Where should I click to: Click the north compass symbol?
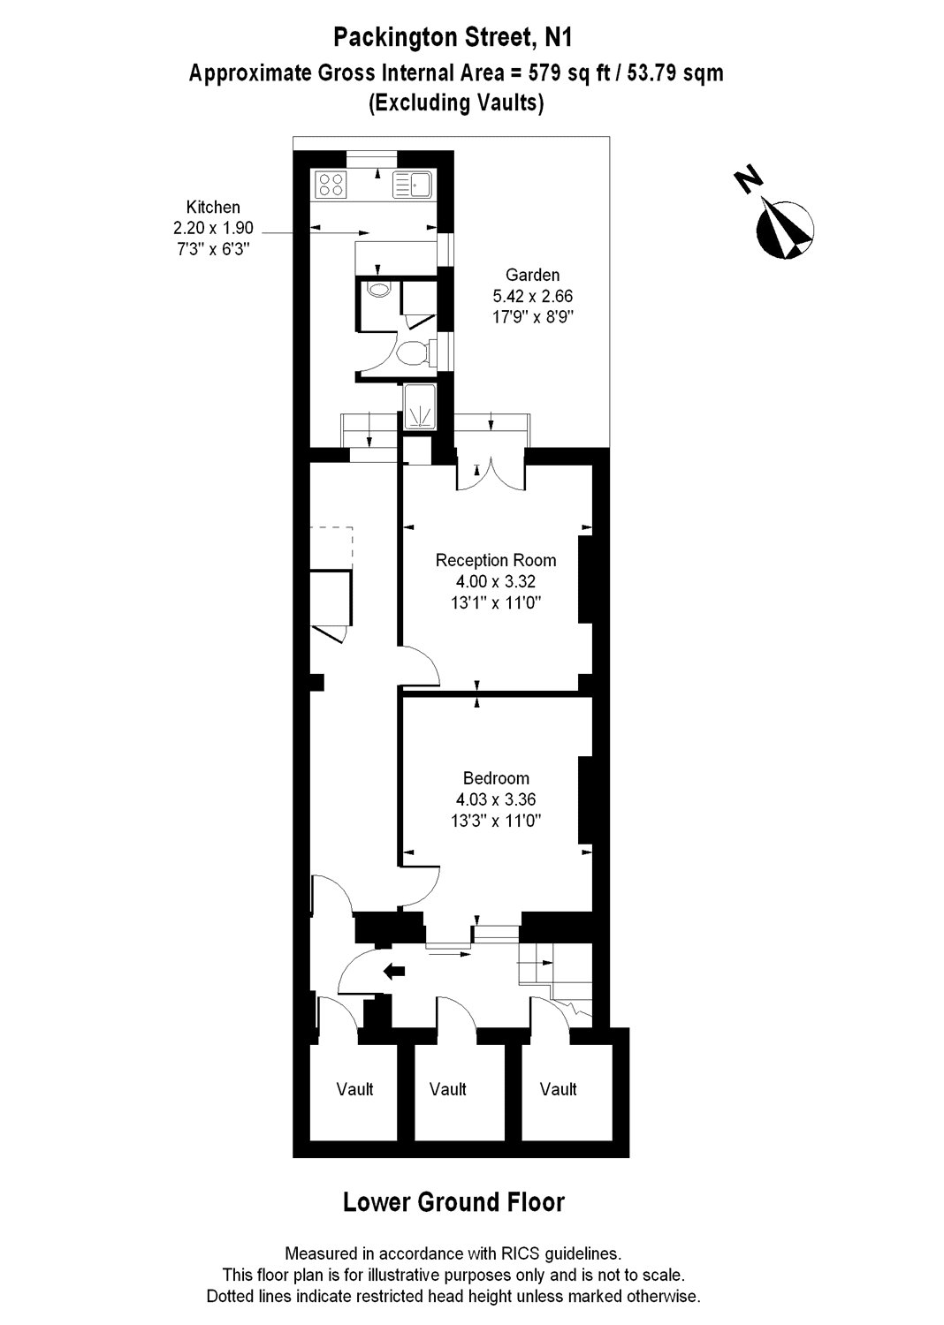click(784, 228)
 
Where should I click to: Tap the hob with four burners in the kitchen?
click(331, 184)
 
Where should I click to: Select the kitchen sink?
click(412, 184)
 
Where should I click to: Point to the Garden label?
click(532, 275)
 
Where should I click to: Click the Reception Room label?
click(496, 560)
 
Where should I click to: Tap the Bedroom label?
click(496, 778)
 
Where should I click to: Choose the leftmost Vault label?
click(354, 1089)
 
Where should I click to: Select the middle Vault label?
click(448, 1089)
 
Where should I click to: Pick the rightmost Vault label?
click(559, 1089)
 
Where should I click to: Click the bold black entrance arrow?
click(393, 972)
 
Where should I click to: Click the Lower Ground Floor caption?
click(453, 1202)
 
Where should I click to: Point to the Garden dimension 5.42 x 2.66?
click(532, 296)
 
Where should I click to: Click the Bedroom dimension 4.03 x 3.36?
click(496, 799)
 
